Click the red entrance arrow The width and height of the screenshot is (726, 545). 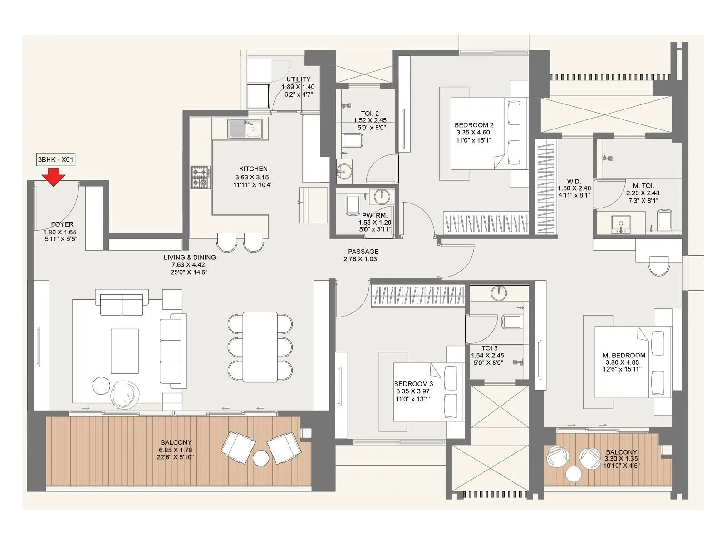[x=54, y=177]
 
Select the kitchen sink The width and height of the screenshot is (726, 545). [x=245, y=129]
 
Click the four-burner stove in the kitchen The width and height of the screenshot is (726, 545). [x=201, y=178]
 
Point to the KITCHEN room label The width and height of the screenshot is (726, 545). [x=253, y=169]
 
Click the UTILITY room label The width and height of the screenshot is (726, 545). [x=298, y=79]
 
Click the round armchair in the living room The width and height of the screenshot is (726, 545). [x=125, y=394]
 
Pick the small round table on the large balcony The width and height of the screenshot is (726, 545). [x=261, y=458]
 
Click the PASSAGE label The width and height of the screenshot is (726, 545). [x=363, y=252]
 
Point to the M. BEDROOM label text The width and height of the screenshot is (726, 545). [x=624, y=355]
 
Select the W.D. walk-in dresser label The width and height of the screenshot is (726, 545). [x=574, y=182]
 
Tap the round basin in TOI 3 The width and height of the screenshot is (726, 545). [x=499, y=293]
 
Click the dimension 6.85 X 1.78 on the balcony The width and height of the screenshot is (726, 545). [x=176, y=450]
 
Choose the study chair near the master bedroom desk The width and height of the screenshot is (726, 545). [x=658, y=266]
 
